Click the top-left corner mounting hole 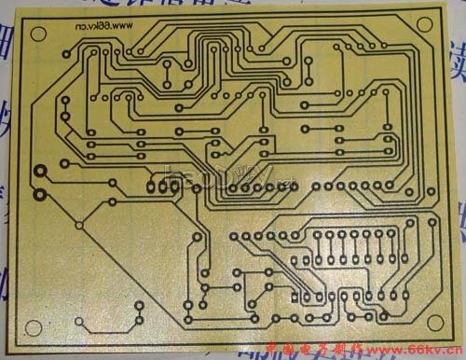[38, 35]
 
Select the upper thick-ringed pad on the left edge [40, 172]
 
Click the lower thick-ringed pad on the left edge [40, 195]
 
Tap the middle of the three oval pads [163, 185]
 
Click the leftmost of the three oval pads [152, 185]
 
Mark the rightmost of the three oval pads [174, 185]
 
